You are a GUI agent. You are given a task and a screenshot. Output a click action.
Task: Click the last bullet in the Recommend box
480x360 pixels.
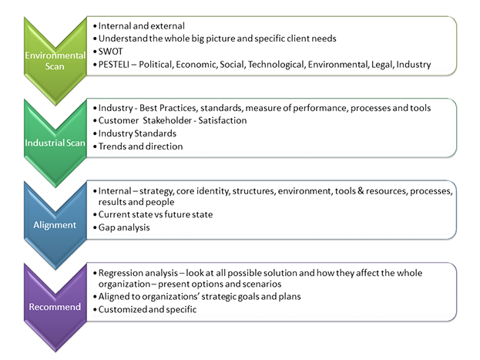tap(146, 309)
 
